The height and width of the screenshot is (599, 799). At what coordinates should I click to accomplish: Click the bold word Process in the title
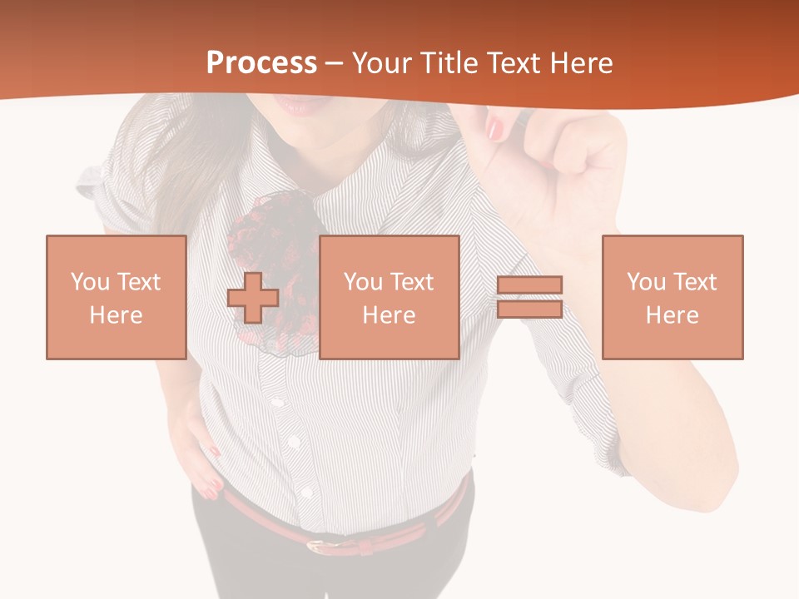pyautogui.click(x=261, y=63)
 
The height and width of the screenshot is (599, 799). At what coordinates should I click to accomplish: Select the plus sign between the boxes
pyautogui.click(x=253, y=298)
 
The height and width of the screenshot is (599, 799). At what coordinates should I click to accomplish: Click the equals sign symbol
pyautogui.click(x=529, y=297)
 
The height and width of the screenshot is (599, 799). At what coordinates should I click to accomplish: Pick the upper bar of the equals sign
pyautogui.click(x=529, y=285)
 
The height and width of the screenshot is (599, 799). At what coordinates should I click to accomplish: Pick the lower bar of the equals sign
pyautogui.click(x=529, y=309)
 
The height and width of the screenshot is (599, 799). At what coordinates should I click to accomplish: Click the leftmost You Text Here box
pyautogui.click(x=116, y=297)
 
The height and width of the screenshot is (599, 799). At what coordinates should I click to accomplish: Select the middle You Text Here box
pyautogui.click(x=389, y=297)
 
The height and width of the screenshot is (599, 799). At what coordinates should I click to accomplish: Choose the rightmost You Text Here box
pyautogui.click(x=672, y=297)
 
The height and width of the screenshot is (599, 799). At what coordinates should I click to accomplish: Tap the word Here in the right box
pyautogui.click(x=672, y=315)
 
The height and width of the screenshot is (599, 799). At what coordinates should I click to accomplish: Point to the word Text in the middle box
pyautogui.click(x=411, y=282)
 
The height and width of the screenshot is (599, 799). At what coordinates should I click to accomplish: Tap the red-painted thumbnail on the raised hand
pyautogui.click(x=496, y=128)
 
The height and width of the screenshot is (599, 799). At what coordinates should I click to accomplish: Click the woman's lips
pyautogui.click(x=296, y=105)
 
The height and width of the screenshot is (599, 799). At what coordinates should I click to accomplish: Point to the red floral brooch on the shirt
pyautogui.click(x=270, y=250)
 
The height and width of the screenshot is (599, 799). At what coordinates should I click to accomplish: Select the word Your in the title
pyautogui.click(x=381, y=63)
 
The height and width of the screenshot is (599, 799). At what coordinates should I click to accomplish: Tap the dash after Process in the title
pyautogui.click(x=334, y=63)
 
